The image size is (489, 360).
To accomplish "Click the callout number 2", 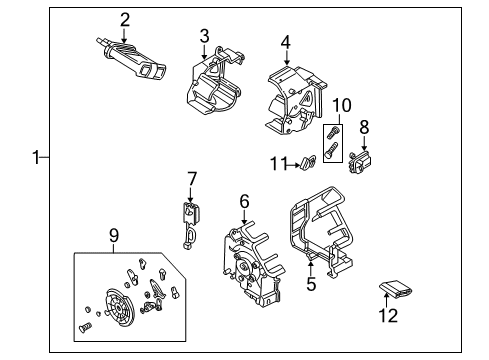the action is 125,20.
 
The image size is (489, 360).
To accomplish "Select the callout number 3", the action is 204,36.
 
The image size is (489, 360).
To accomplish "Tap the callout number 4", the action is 286,43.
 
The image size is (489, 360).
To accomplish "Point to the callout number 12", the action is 388,315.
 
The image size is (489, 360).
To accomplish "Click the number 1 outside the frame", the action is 36,157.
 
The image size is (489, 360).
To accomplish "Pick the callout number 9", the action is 114,236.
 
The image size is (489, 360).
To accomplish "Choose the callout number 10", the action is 342,105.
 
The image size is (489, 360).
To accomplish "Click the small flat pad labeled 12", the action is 396,289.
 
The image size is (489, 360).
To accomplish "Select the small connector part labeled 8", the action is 360,162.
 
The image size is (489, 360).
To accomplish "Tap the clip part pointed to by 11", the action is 309,162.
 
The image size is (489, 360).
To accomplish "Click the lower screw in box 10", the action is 331,150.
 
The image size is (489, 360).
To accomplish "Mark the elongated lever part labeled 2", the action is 132,60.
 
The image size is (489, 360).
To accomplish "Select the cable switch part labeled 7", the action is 191,225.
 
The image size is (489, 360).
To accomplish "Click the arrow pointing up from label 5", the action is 311,269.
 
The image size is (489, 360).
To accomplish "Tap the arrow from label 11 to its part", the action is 294,165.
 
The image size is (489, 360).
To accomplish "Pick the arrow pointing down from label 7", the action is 191,194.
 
